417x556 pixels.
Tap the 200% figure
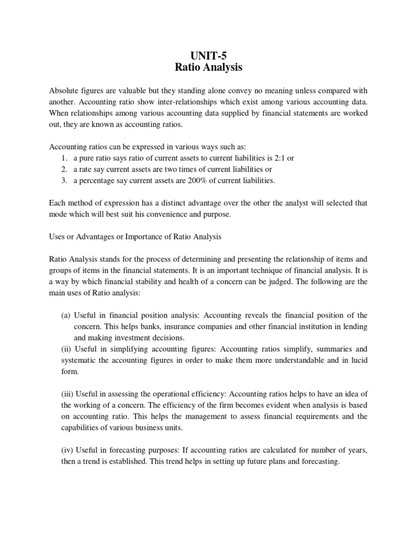(x=172, y=180)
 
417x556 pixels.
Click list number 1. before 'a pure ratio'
(x=64, y=158)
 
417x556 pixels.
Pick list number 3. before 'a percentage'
(x=64, y=180)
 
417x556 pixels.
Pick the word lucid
(x=355, y=360)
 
